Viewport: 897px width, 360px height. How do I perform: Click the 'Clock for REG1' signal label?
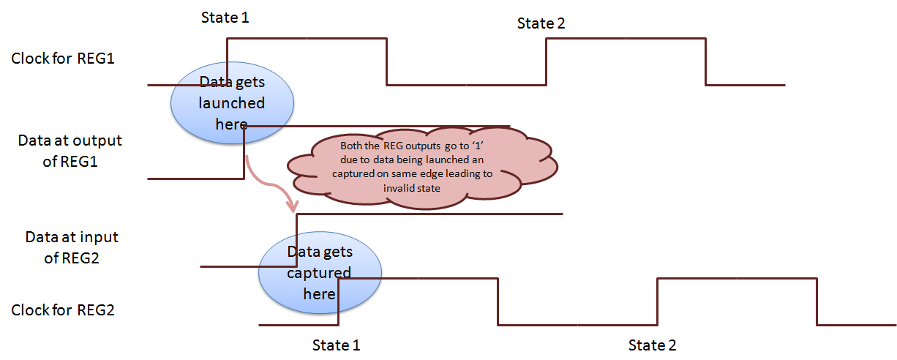coord(63,59)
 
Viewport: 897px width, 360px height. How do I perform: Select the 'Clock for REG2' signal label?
coord(63,310)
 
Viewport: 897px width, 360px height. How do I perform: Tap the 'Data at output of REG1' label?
coord(70,151)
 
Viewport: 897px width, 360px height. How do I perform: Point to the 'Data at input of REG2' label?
coord(72,247)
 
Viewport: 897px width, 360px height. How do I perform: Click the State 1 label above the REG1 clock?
coord(225,17)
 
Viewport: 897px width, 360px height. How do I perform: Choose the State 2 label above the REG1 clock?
coord(541,23)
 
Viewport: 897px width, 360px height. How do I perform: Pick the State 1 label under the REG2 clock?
coord(337,345)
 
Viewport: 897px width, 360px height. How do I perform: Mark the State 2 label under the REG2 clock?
coord(653,345)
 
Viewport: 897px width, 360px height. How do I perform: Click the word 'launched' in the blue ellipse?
coord(232,102)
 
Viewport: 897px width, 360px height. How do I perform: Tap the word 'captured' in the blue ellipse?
coord(319,273)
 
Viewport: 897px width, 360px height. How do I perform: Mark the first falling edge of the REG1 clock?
coord(387,62)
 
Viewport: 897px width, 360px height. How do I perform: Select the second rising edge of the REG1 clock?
coord(546,62)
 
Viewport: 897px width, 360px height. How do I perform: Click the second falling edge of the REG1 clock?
coord(705,62)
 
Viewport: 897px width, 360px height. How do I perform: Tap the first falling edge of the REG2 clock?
coord(498,301)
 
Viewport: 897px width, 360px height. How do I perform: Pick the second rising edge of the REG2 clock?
coord(658,301)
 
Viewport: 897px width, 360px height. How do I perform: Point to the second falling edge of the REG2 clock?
coord(817,301)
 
